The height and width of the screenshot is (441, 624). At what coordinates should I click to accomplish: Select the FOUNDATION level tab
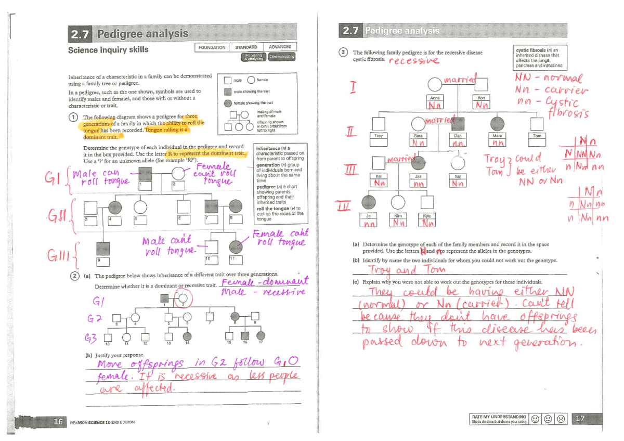212,47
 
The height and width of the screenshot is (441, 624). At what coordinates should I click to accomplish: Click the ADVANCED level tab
280,47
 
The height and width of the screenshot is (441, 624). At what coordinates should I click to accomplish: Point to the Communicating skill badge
281,56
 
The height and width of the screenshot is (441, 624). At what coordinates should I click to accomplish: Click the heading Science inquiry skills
108,50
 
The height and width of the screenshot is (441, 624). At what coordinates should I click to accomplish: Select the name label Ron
481,97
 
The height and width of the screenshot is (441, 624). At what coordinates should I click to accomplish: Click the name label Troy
379,135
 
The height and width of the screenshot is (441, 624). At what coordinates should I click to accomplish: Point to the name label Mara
497,135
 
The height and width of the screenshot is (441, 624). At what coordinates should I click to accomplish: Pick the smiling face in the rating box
536,419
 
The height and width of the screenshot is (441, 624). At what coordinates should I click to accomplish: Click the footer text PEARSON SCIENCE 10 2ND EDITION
102,422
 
